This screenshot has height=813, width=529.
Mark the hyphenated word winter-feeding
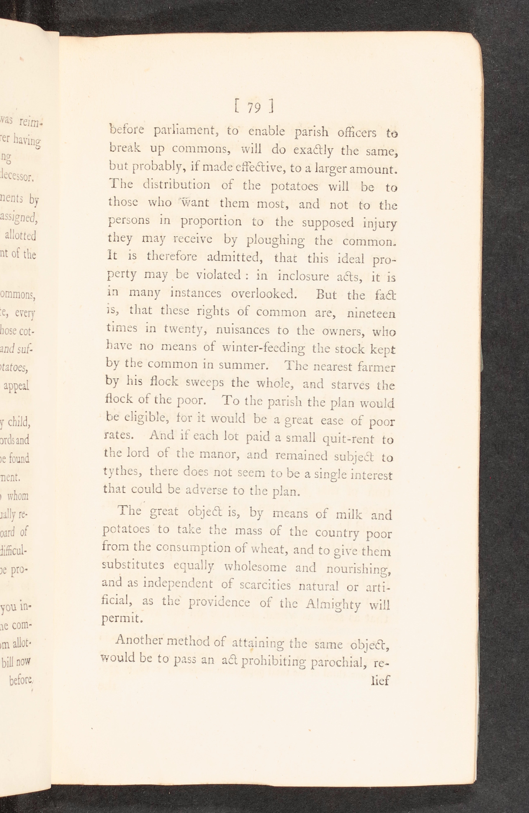pos(263,348)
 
